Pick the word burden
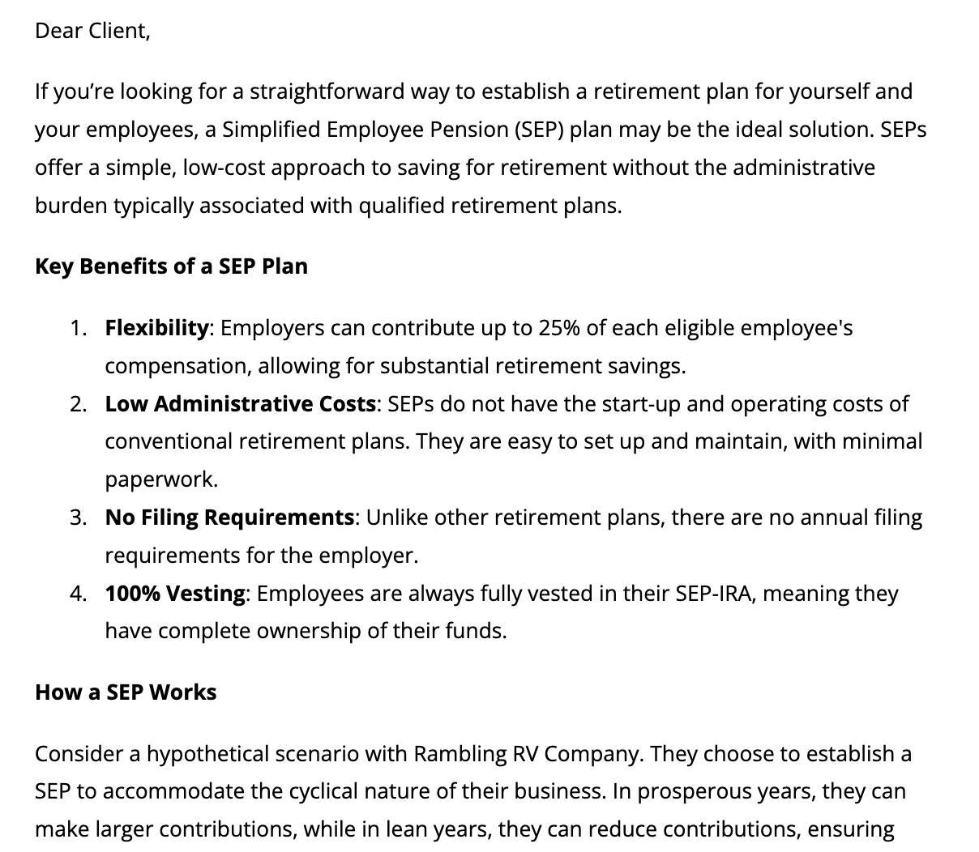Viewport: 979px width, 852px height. (x=71, y=206)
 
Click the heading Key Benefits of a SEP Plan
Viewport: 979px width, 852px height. (x=171, y=266)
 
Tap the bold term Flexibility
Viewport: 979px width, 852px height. (x=156, y=328)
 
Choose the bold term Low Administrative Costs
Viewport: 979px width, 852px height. (x=240, y=403)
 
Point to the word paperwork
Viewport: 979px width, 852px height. (x=160, y=479)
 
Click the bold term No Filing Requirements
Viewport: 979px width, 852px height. (x=229, y=518)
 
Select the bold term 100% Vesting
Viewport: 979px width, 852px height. (x=174, y=594)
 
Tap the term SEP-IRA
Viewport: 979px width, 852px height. (x=712, y=594)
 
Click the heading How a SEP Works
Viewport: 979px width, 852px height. (x=126, y=692)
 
